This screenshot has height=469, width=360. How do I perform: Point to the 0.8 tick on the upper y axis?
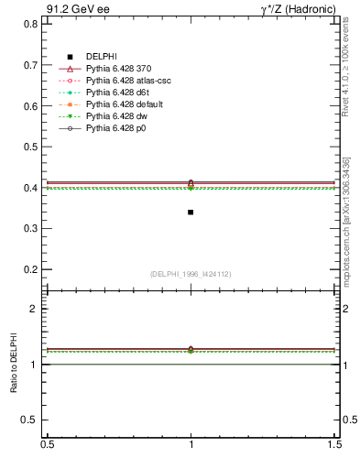click(x=30, y=24)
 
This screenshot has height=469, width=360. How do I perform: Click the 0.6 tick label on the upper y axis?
click(x=30, y=106)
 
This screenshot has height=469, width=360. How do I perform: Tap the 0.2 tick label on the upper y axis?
click(x=30, y=270)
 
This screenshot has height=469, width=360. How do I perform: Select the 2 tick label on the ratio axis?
click(x=35, y=310)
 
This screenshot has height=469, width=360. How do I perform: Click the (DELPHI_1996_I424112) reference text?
click(x=191, y=274)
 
